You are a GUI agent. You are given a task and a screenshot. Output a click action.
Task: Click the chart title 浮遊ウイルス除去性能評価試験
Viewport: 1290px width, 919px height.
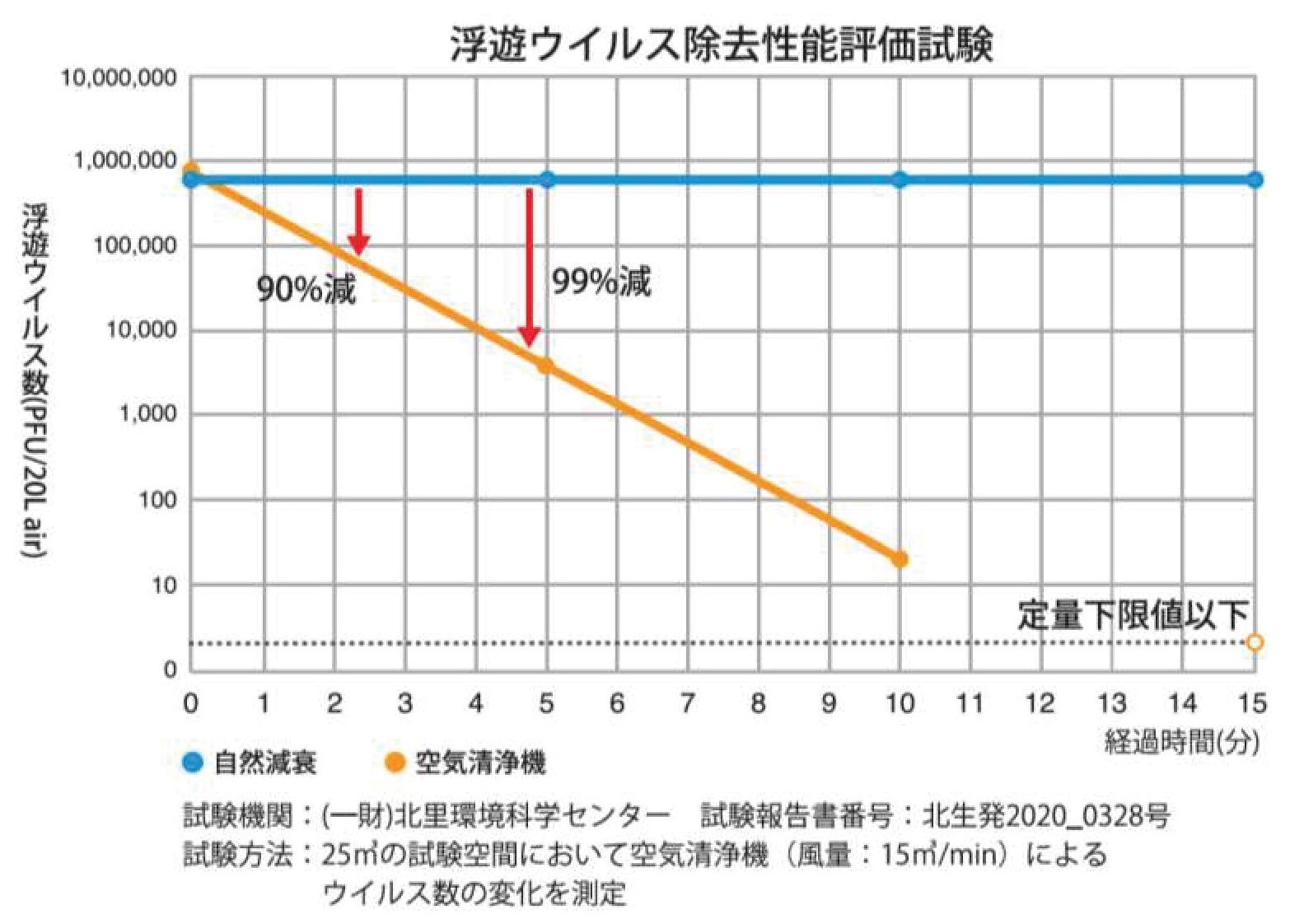(x=721, y=44)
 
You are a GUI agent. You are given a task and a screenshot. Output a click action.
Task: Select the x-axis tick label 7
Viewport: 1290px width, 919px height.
(x=687, y=704)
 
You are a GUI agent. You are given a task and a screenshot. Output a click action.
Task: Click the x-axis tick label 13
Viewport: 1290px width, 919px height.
(x=1112, y=704)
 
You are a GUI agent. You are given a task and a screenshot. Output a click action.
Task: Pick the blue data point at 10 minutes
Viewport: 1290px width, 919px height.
(x=900, y=180)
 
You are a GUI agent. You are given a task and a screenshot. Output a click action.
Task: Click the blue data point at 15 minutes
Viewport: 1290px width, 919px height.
(x=1254, y=180)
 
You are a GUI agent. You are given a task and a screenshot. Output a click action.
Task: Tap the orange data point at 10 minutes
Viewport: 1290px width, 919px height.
(x=900, y=560)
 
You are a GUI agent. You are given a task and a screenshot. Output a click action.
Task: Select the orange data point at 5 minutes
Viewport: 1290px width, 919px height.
(x=545, y=366)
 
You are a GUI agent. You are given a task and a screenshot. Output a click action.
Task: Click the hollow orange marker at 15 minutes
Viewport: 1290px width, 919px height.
(x=1254, y=642)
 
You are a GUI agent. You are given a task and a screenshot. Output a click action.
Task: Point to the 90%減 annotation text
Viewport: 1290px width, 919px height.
(x=306, y=289)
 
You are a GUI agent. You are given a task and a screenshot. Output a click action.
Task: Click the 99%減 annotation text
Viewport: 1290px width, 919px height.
(x=601, y=282)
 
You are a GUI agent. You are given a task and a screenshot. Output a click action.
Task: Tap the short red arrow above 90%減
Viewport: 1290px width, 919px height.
(x=358, y=221)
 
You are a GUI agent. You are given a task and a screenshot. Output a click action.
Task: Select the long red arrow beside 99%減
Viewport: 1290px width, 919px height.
(x=530, y=268)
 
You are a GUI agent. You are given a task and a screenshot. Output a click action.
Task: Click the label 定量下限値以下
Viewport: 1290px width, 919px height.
(x=1133, y=614)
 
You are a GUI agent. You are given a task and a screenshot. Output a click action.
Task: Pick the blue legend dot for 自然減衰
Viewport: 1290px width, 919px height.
(x=193, y=763)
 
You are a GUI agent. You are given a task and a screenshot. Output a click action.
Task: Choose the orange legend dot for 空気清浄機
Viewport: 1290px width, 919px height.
(x=396, y=763)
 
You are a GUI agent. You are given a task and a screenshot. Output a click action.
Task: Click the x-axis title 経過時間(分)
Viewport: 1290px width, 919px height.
(x=1181, y=743)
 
